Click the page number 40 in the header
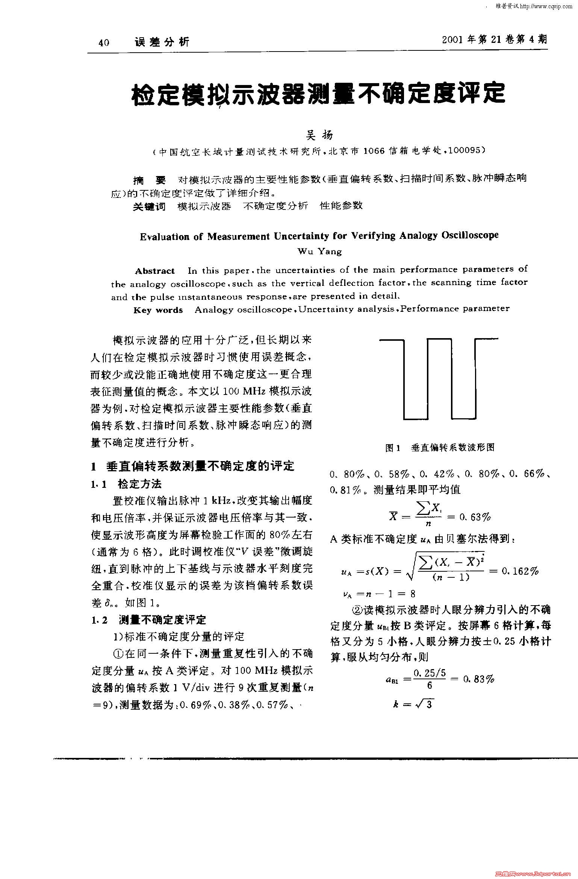pyautogui.click(x=104, y=43)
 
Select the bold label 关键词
pyautogui.click(x=149, y=206)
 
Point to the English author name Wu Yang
pyautogui.click(x=319, y=252)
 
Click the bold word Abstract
pyautogui.click(x=155, y=271)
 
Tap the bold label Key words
pyautogui.click(x=158, y=310)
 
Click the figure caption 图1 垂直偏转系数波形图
pyautogui.click(x=440, y=447)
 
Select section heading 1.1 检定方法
pyautogui.click(x=126, y=484)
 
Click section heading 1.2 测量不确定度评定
pyautogui.click(x=149, y=619)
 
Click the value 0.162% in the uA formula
pyautogui.click(x=520, y=571)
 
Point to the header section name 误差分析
pyautogui.click(x=162, y=42)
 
